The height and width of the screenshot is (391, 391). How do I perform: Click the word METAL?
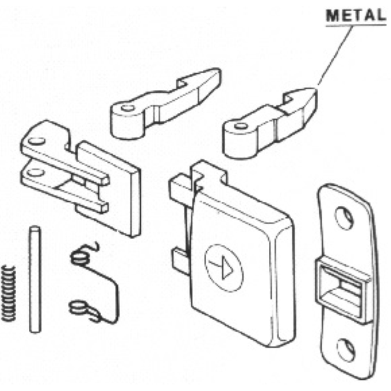pos(356,15)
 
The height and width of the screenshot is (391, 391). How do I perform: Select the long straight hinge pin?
pos(34,279)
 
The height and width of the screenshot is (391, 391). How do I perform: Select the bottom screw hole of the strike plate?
pos(346,348)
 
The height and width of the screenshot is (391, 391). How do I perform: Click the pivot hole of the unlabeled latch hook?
pos(127,108)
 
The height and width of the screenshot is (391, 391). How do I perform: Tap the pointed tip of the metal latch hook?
pos(313,91)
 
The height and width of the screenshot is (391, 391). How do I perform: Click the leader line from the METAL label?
pos(335,54)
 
